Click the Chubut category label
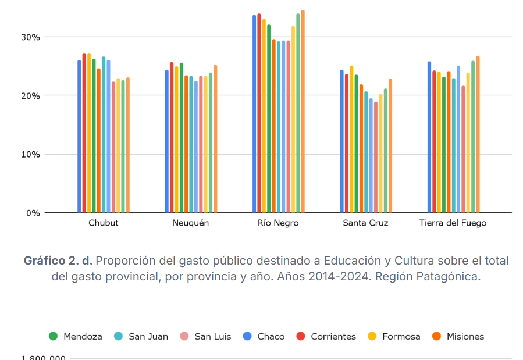(104, 223)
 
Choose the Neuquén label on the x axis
(190, 223)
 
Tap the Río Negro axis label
(278, 223)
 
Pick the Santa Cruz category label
(365, 223)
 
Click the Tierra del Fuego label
(453, 223)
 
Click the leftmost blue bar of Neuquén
(166, 142)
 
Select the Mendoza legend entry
(76, 336)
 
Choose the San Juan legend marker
(119, 336)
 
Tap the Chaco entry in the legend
(264, 336)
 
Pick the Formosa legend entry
(394, 336)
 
